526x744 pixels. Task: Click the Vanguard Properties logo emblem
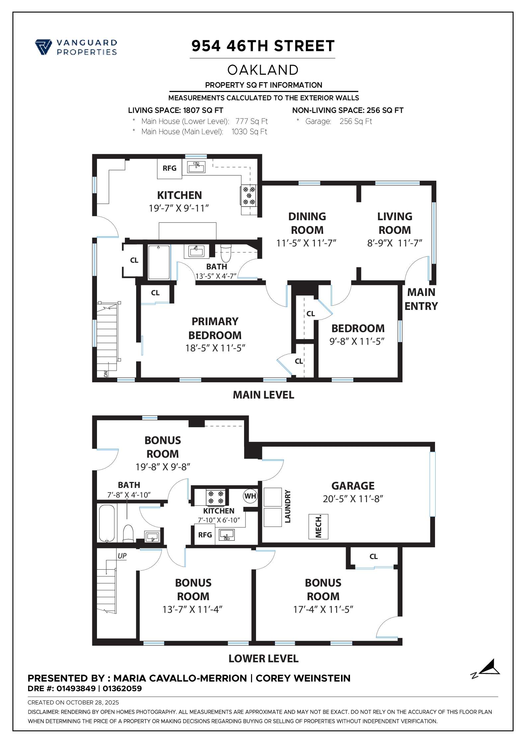click(x=43, y=47)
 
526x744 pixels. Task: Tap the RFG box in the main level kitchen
click(x=169, y=168)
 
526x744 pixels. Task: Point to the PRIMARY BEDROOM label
click(x=215, y=328)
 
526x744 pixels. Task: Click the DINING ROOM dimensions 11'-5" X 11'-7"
click(x=306, y=243)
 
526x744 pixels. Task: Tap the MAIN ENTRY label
click(x=421, y=299)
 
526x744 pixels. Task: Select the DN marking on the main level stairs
click(x=106, y=374)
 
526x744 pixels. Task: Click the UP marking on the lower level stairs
click(x=122, y=556)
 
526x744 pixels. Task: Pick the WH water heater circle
click(x=250, y=496)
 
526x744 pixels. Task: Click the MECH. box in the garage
click(x=318, y=526)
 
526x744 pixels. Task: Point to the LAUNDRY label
click(x=288, y=507)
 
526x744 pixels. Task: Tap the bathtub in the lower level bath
click(x=107, y=523)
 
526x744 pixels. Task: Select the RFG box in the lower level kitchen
click(x=205, y=535)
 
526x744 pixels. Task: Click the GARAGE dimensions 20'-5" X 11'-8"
click(x=353, y=499)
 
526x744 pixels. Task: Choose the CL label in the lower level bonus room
click(x=374, y=556)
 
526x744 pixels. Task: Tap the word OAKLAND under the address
click(x=263, y=70)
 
